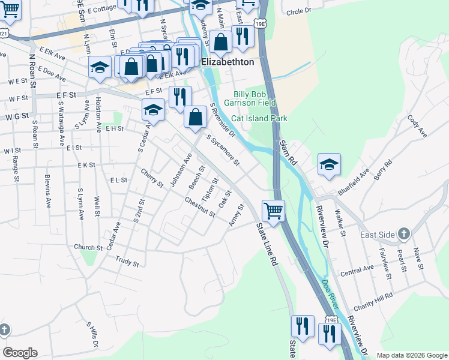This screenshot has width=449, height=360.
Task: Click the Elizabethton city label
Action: coord(228,62)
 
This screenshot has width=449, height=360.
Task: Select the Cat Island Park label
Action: coord(259,119)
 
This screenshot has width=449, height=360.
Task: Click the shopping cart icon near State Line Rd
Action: coord(273,211)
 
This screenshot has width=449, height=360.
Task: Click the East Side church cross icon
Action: coord(405,233)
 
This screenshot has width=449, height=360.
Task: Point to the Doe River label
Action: coord(331,293)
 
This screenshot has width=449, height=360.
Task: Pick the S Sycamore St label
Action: coord(223,151)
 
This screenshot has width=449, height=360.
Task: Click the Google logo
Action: coord(20,352)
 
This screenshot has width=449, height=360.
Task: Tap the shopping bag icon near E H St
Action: coord(195,118)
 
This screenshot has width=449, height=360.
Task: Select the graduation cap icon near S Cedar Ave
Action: coord(153,110)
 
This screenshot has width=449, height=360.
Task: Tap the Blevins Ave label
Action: coord(49,191)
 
